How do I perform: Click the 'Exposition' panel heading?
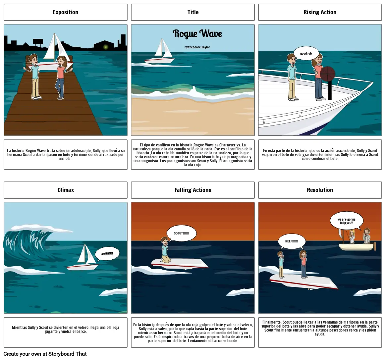coord(65,12)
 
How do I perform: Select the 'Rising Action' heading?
coord(320,12)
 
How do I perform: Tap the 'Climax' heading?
coord(66,190)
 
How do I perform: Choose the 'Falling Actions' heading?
coord(193,190)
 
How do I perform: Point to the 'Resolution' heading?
coord(320,190)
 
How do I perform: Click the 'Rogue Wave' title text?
coord(197,34)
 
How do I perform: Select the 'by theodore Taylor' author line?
coord(197,47)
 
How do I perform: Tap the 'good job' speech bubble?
coord(306,54)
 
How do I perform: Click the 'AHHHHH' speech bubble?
coord(107,254)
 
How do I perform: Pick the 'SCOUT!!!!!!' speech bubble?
coord(181,233)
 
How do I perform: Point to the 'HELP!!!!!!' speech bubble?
coord(292,241)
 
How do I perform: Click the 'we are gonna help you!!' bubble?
coord(347,221)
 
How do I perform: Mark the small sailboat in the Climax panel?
coord(84,258)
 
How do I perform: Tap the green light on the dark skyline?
coord(106,47)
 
